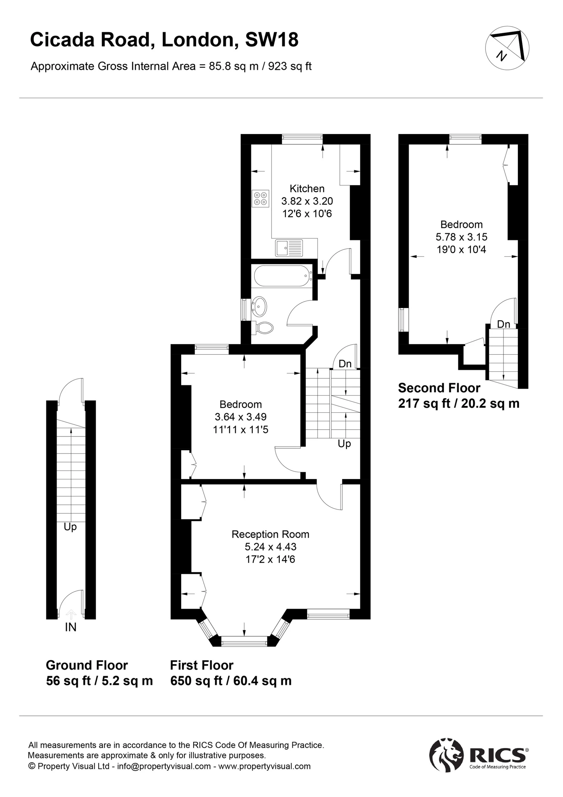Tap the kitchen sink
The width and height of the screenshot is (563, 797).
coord(289,248)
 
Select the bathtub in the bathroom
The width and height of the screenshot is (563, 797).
coord(283,276)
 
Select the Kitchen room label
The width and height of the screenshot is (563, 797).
coord(307,189)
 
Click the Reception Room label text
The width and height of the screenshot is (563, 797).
coord(270,534)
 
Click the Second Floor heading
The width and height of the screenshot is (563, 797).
coord(439,388)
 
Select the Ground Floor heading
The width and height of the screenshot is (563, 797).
coord(87,665)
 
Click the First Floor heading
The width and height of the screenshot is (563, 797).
coord(202,665)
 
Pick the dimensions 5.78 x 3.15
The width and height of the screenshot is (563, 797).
coord(461,237)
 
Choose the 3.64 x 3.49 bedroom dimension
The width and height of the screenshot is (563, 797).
coord(240,417)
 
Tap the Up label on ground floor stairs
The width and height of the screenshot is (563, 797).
coord(70,527)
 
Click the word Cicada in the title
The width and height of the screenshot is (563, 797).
coord(62,40)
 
